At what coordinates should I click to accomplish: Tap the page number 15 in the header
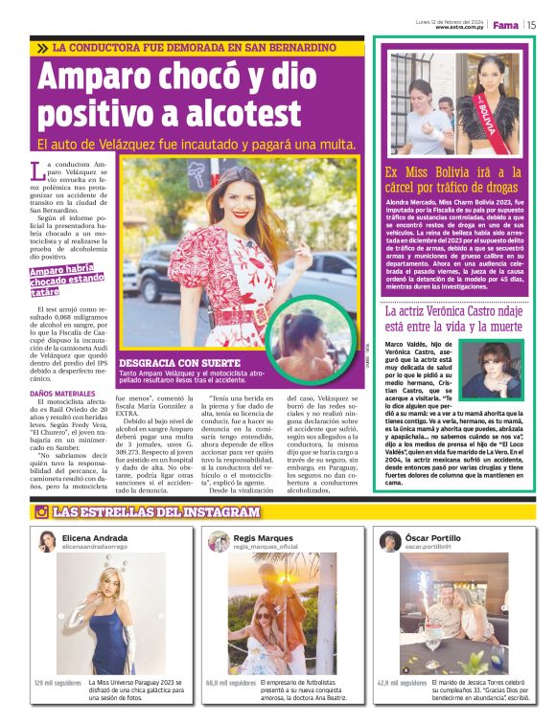530,25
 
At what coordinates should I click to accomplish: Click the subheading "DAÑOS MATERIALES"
63,394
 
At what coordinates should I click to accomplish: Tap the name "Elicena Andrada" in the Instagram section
94,538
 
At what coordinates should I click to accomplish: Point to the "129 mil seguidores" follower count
58,684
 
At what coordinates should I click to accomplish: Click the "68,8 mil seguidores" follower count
230,684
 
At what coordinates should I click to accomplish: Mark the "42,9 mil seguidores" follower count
402,684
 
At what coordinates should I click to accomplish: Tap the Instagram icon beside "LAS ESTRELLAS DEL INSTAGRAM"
41,512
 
